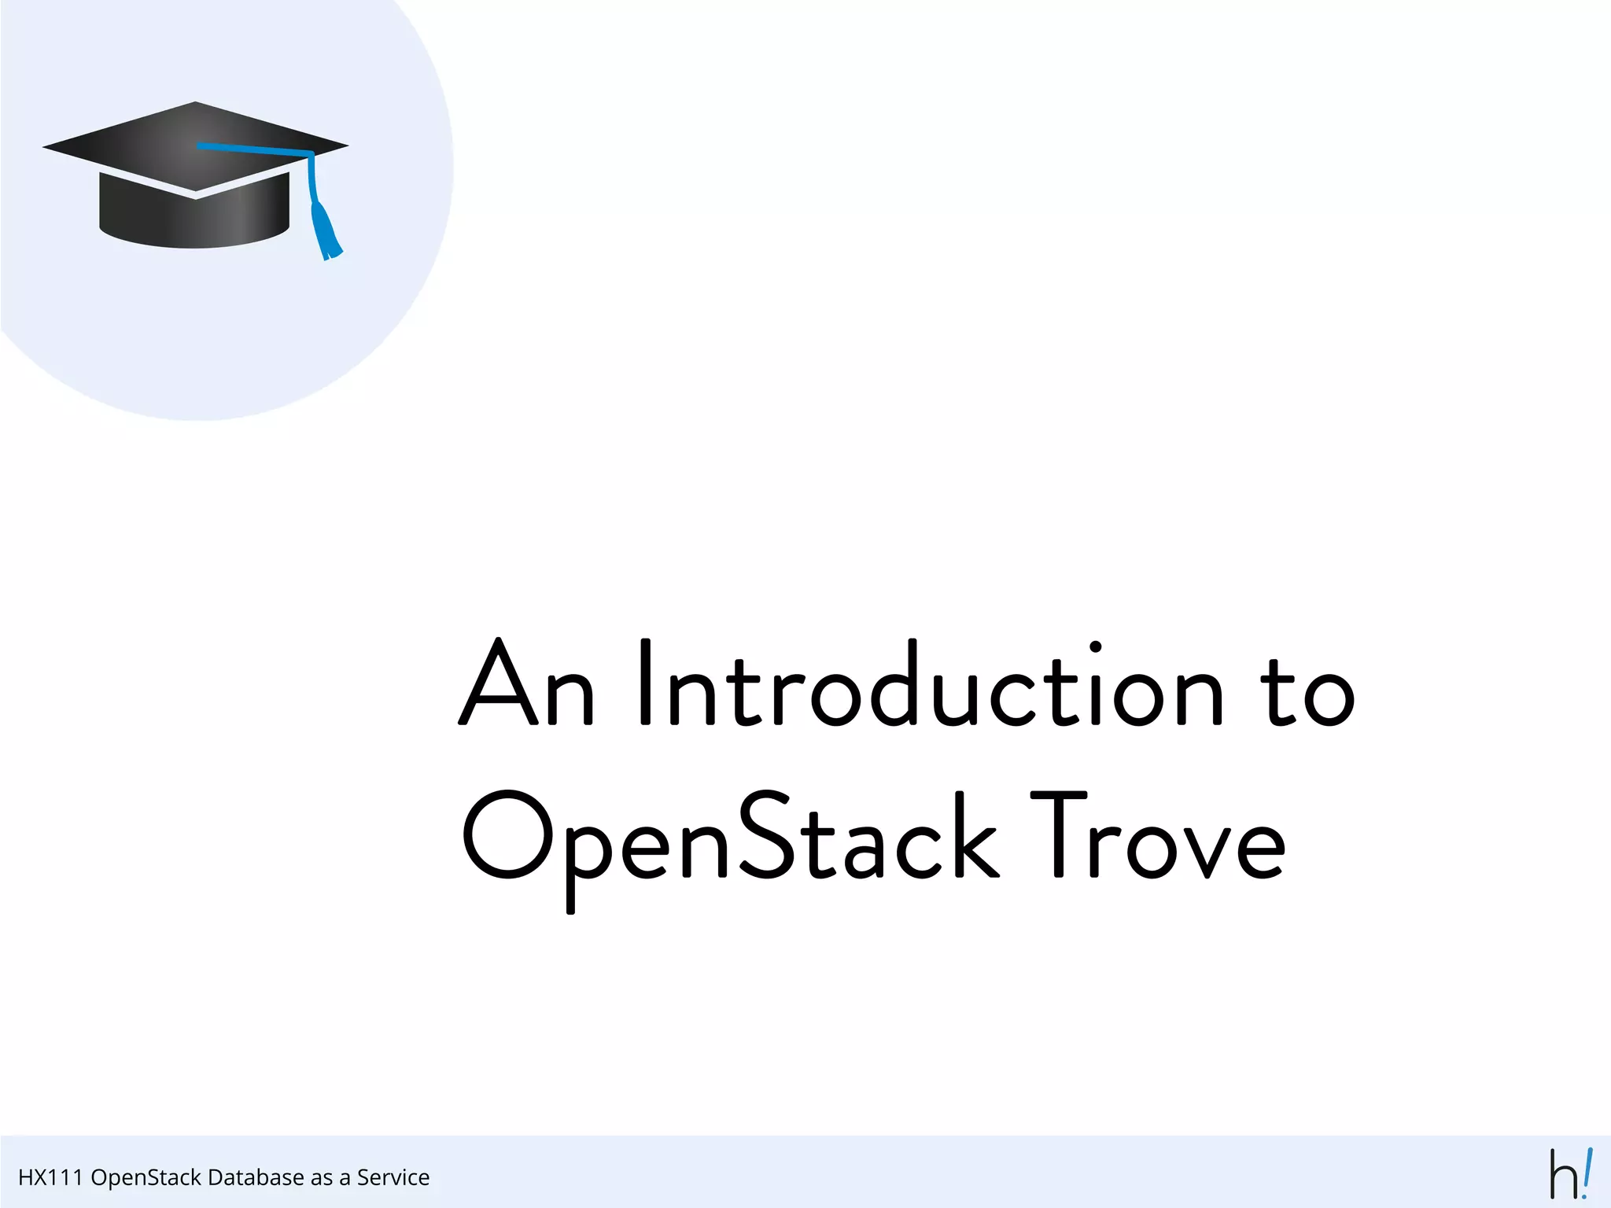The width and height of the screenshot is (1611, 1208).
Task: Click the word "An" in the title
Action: coord(525,683)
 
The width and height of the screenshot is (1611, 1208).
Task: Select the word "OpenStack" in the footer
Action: coord(146,1177)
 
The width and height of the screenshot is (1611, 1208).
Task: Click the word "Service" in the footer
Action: coord(393,1177)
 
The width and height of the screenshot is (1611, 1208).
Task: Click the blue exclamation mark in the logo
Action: coord(1586,1172)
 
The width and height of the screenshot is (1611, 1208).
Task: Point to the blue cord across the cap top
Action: coord(252,149)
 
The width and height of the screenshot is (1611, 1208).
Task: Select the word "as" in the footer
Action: coord(322,1177)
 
